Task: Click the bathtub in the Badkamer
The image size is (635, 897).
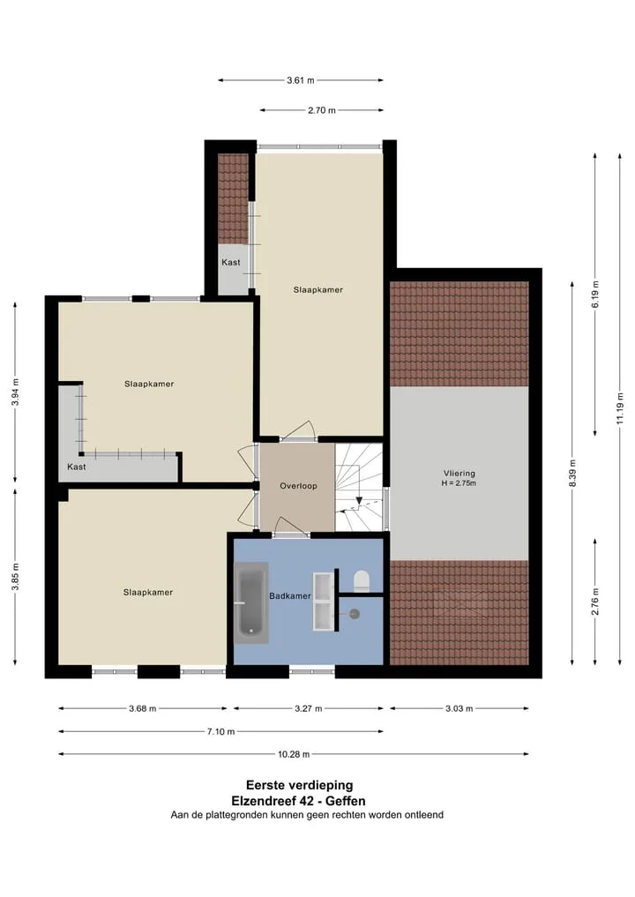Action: pyautogui.click(x=251, y=602)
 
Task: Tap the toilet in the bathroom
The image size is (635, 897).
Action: pyautogui.click(x=362, y=580)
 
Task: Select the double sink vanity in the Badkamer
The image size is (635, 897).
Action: pyautogui.click(x=323, y=602)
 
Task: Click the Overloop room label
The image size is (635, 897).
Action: pyautogui.click(x=298, y=486)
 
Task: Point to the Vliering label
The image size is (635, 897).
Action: pyautogui.click(x=459, y=473)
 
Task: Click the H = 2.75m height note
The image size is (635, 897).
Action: pyautogui.click(x=459, y=483)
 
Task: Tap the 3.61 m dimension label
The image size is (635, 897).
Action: pyautogui.click(x=301, y=80)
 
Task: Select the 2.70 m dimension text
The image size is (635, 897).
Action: pyautogui.click(x=322, y=110)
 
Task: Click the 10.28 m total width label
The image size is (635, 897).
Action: pyautogui.click(x=294, y=754)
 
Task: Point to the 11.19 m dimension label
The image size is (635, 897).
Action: pyautogui.click(x=620, y=408)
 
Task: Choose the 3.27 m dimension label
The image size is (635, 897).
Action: pyautogui.click(x=309, y=709)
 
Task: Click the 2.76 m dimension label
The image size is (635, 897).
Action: pyautogui.click(x=595, y=602)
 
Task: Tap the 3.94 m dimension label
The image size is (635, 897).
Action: pyautogui.click(x=16, y=392)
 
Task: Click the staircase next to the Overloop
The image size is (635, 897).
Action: pyautogui.click(x=359, y=487)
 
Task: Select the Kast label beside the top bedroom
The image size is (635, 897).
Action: pyautogui.click(x=230, y=263)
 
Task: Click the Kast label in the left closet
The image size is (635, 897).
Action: pyautogui.click(x=76, y=467)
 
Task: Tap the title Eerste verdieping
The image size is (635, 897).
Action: pyautogui.click(x=299, y=786)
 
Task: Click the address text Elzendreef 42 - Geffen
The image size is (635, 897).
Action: pyautogui.click(x=298, y=801)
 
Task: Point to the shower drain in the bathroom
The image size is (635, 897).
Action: pyautogui.click(x=355, y=615)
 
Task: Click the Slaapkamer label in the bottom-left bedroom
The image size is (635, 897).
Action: pyautogui.click(x=147, y=593)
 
